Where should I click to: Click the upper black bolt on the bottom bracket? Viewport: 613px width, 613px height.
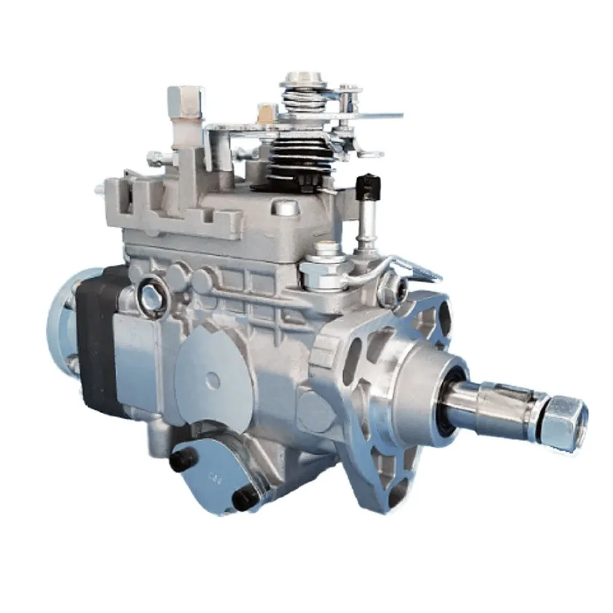click(x=184, y=458)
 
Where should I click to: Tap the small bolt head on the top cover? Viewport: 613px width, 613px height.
click(x=286, y=207)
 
